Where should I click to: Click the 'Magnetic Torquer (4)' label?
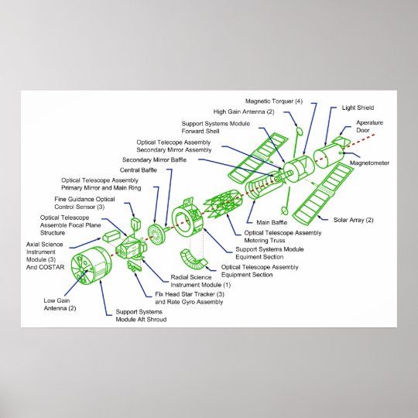(x=274, y=101)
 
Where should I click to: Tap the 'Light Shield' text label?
(x=358, y=108)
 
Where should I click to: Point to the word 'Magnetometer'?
(x=369, y=163)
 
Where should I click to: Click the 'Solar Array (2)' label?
(x=353, y=220)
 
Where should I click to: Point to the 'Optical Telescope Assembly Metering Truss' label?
(x=283, y=236)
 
